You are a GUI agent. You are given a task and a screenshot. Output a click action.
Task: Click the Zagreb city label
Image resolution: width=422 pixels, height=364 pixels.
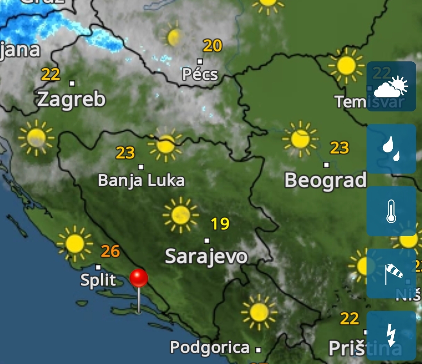(72, 100)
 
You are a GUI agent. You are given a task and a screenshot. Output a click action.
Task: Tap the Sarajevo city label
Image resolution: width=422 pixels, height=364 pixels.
(206, 256)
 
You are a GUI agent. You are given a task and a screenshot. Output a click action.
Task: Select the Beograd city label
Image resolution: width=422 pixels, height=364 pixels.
(325, 180)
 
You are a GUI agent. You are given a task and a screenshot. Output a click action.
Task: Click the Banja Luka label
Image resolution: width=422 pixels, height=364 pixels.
(141, 181)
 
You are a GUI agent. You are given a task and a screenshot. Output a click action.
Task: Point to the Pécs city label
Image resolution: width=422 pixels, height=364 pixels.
(200, 74)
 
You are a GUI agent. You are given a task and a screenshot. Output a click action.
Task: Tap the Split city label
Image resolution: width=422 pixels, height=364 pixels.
(98, 280)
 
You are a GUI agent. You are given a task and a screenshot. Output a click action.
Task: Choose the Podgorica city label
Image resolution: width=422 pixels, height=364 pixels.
(210, 347)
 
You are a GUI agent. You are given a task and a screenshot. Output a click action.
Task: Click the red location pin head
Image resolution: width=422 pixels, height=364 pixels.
(139, 278)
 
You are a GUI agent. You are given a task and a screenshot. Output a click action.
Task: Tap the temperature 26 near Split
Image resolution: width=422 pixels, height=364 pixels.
(110, 251)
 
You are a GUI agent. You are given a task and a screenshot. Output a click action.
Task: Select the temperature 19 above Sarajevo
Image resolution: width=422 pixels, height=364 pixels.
(220, 224)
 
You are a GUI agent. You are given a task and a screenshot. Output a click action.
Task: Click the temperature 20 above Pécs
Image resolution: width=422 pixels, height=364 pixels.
(213, 46)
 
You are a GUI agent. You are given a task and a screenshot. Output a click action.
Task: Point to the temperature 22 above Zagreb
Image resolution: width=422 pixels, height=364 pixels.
(51, 74)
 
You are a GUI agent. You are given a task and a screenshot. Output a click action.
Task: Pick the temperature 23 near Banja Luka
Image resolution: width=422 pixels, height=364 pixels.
(125, 153)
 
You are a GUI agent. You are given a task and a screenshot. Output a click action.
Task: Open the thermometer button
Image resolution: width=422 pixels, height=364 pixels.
(391, 211)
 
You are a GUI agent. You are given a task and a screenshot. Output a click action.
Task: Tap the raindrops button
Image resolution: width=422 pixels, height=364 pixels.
(391, 149)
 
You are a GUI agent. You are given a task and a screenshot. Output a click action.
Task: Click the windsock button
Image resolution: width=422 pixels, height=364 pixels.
(391, 274)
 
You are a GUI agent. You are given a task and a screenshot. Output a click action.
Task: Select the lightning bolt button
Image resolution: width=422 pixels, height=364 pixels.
(391, 336)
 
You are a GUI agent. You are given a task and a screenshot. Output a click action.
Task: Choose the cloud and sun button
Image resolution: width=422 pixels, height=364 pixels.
(391, 86)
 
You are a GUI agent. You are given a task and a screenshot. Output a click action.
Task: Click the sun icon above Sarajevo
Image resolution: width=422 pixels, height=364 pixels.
(181, 215)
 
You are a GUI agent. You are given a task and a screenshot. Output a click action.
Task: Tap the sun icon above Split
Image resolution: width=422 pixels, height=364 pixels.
(75, 244)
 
